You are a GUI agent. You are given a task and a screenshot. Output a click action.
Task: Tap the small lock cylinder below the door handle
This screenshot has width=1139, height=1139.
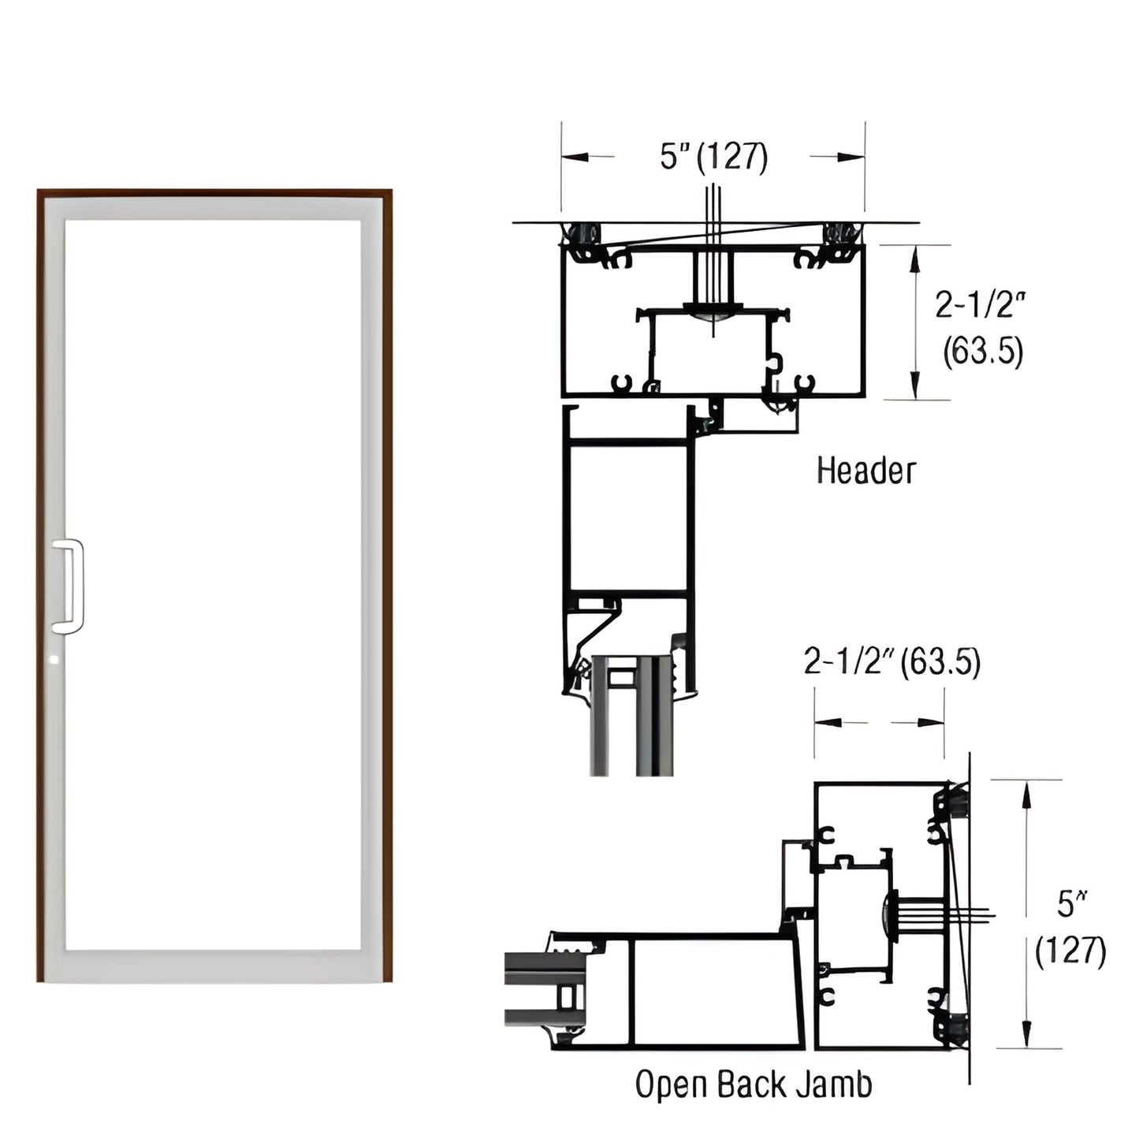point(54,658)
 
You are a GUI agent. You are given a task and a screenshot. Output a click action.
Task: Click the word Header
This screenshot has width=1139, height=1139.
point(865,471)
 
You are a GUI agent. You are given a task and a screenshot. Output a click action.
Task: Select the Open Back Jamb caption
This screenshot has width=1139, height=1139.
point(754,1085)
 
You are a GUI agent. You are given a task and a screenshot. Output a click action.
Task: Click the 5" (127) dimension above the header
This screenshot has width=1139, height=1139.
point(713,157)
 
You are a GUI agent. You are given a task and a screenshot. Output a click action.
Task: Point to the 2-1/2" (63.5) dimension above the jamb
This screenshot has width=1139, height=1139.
point(891,662)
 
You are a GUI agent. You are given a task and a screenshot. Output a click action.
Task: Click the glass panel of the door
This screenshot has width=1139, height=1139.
point(213,583)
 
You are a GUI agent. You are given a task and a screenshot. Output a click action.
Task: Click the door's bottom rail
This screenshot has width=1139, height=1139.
point(213,966)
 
